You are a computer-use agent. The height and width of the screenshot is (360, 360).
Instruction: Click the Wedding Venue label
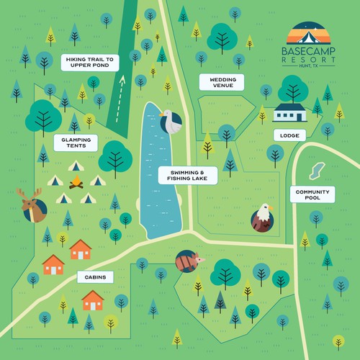(x=222, y=84)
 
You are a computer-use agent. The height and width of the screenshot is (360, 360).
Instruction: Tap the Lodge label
(x=289, y=135)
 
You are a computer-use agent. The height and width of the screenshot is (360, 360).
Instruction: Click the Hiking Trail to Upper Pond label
(x=88, y=63)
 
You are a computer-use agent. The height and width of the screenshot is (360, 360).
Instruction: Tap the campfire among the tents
(x=75, y=183)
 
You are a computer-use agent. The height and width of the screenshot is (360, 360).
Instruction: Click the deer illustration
(x=32, y=207)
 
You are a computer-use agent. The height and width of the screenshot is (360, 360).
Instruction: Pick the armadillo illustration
(x=189, y=262)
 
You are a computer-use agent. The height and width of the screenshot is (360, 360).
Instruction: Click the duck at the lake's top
(x=170, y=122)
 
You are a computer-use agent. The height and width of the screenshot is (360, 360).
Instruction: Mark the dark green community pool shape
(x=313, y=171)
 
